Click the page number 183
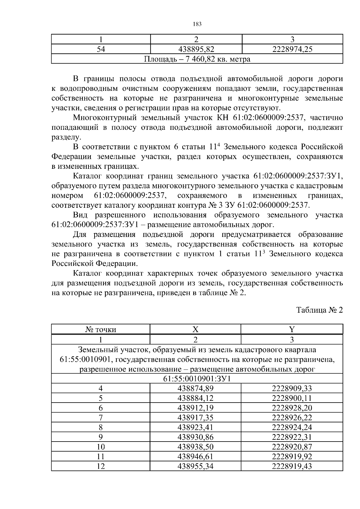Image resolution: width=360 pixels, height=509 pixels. (197, 24)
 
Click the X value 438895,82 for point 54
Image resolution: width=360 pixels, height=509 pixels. (196, 49)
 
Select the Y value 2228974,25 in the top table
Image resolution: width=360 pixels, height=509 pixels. (292, 49)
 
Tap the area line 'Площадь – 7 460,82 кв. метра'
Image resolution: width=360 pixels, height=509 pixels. (197, 59)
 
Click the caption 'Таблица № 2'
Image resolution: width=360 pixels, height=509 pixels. (319, 310)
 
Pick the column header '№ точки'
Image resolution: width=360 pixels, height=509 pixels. (101, 330)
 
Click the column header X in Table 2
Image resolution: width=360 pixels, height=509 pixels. (195, 330)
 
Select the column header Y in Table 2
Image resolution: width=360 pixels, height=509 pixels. (292, 330)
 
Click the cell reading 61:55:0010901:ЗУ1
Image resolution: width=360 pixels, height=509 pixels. (197, 379)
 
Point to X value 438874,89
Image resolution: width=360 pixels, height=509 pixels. (195, 388)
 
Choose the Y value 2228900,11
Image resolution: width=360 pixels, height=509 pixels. (292, 398)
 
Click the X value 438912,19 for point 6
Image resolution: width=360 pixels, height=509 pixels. (195, 408)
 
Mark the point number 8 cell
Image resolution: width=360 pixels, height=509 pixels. (101, 427)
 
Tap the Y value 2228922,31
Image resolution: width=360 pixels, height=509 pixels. (292, 437)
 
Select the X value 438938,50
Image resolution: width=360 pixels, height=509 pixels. (195, 447)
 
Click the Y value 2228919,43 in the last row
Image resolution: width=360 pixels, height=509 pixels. (292, 466)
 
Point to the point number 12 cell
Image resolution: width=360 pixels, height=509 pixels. (101, 466)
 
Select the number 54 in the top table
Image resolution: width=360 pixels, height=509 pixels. (101, 49)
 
